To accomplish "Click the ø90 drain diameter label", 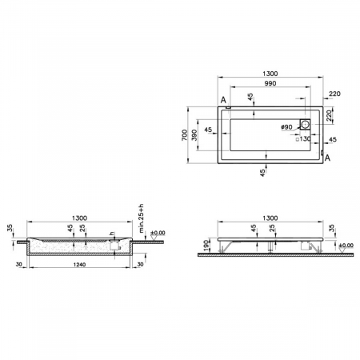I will (x=286, y=126).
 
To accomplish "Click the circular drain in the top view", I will (x=305, y=126).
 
